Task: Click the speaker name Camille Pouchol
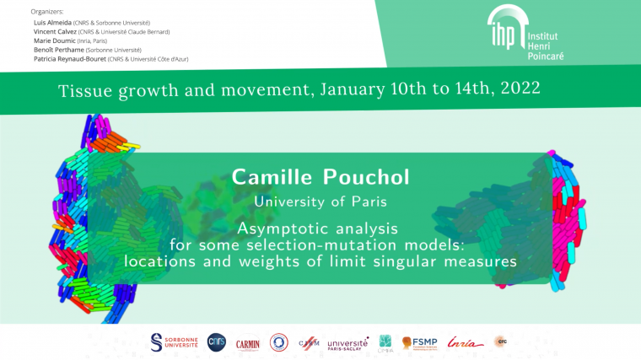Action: click(x=320, y=178)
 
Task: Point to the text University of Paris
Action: click(x=320, y=201)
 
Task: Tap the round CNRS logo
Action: click(x=216, y=342)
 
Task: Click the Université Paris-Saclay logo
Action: click(x=347, y=342)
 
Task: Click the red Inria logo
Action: click(x=465, y=342)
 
